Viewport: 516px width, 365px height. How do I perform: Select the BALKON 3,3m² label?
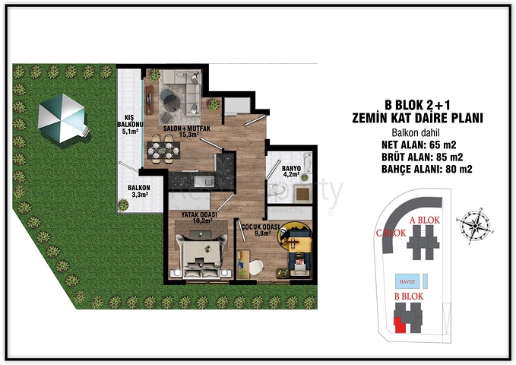[x=138, y=191]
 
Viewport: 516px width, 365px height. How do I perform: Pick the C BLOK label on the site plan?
[x=389, y=233]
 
